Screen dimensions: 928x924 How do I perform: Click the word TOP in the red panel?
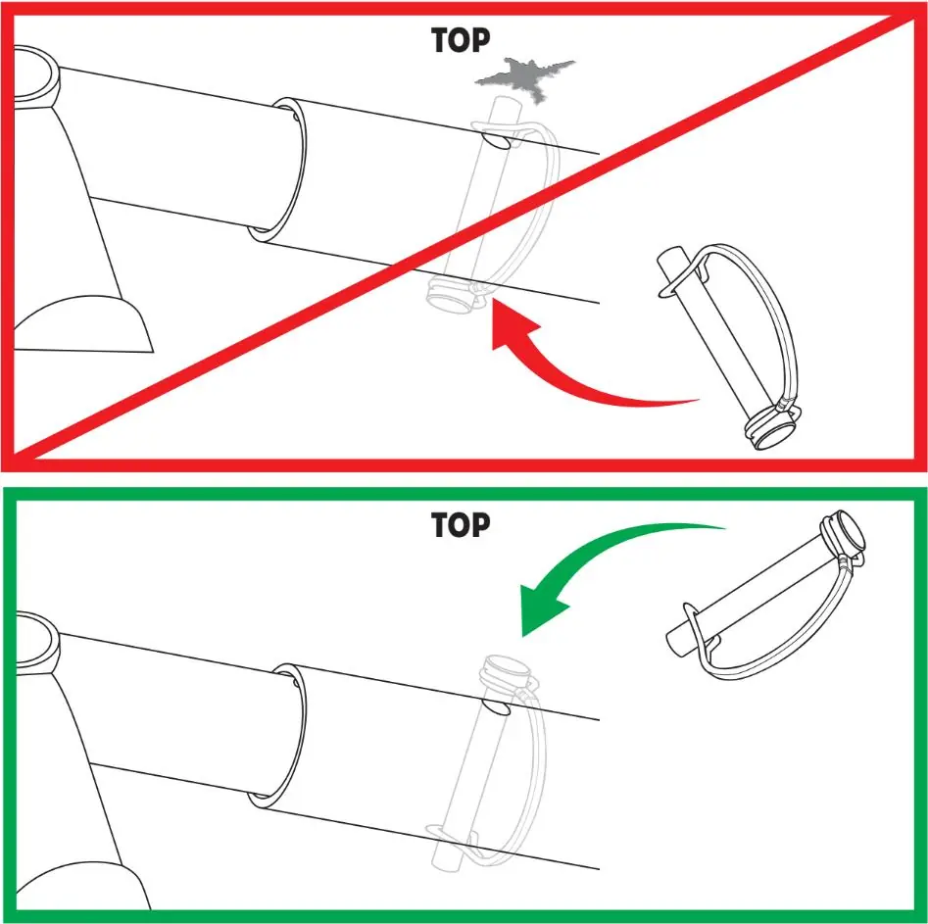point(461,41)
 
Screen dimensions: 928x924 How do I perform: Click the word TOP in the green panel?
point(461,525)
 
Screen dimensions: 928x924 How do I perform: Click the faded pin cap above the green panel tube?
point(506,672)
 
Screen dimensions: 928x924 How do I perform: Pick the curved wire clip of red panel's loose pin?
point(775,308)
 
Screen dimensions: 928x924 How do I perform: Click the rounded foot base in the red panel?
point(83,324)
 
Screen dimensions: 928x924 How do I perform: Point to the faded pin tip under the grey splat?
point(507,109)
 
